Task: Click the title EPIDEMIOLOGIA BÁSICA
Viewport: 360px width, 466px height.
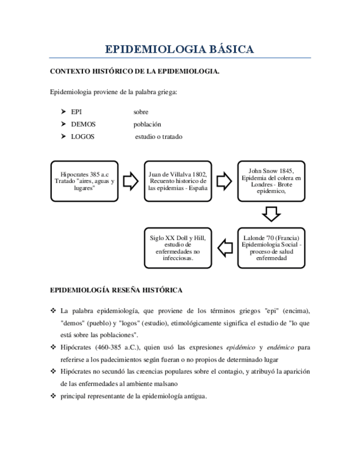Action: click(x=180, y=49)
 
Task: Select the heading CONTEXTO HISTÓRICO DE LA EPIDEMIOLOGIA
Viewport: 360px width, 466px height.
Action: click(x=135, y=71)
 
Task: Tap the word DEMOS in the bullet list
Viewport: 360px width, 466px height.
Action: click(x=83, y=124)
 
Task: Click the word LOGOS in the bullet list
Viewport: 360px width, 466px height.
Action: click(x=82, y=136)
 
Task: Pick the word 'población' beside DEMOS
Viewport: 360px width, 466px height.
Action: click(x=147, y=124)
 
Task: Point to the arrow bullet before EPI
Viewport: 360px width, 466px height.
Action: click(x=63, y=112)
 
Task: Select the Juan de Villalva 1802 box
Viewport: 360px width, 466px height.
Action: click(x=178, y=181)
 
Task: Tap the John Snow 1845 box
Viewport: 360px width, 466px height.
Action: click(x=272, y=180)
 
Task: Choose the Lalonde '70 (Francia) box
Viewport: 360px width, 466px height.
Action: click(x=272, y=247)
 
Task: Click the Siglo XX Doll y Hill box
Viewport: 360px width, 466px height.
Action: click(x=178, y=247)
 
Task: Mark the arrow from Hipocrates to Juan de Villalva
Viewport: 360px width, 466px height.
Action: click(x=131, y=181)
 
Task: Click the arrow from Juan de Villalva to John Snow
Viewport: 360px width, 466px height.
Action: click(x=224, y=181)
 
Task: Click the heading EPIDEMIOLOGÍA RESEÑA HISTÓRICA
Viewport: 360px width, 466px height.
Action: click(x=117, y=290)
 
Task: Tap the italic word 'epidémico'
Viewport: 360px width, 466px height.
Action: click(x=242, y=347)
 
